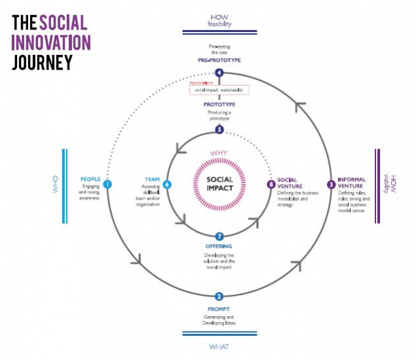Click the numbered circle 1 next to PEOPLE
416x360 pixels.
pyautogui.click(x=107, y=184)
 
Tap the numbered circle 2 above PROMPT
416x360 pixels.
pyautogui.click(x=219, y=296)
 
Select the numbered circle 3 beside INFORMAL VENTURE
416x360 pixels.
pyautogui.click(x=331, y=184)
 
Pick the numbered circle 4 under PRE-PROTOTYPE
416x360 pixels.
pyautogui.click(x=219, y=73)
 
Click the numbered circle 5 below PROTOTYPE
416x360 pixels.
pyautogui.click(x=219, y=130)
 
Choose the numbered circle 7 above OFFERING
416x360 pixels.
pyautogui.click(x=219, y=236)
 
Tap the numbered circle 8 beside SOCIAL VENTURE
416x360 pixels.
pyautogui.click(x=271, y=185)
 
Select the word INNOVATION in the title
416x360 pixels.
pyautogui.click(x=51, y=42)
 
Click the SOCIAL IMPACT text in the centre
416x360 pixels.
pyautogui.click(x=219, y=184)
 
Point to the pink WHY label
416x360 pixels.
pyautogui.click(x=219, y=154)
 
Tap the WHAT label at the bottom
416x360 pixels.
pyautogui.click(x=219, y=346)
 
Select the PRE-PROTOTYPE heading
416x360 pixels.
pyautogui.click(x=219, y=60)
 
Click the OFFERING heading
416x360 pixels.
pyautogui.click(x=219, y=246)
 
